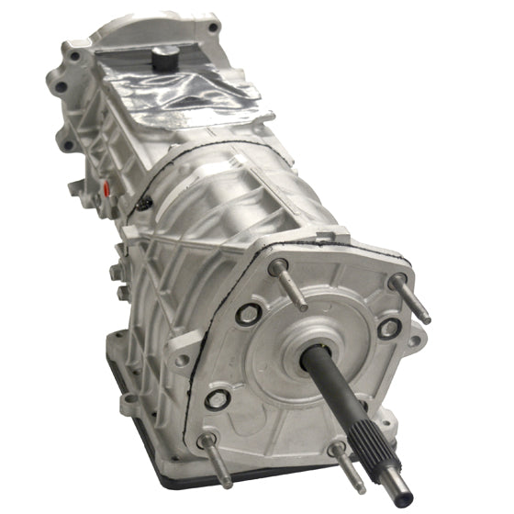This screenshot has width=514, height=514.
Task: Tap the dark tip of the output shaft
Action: [404, 500]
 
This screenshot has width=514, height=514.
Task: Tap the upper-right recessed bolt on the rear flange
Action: [388, 328]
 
